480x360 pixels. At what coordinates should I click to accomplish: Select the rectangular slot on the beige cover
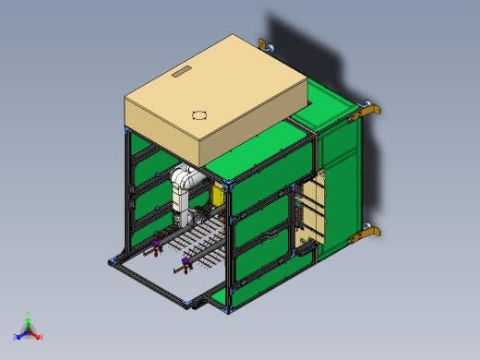click(x=180, y=71)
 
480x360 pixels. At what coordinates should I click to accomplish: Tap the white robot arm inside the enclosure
click(x=184, y=189)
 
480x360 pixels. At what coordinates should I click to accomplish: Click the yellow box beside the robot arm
click(x=218, y=193)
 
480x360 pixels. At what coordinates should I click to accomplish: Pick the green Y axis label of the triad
click(x=29, y=314)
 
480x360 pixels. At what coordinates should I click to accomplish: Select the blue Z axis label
click(x=18, y=336)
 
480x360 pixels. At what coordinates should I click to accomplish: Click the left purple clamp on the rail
click(x=156, y=246)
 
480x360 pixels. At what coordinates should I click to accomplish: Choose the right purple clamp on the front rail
click(x=187, y=265)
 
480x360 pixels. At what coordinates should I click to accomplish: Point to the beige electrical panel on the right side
click(x=314, y=208)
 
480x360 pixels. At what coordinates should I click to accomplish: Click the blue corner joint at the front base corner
click(x=191, y=301)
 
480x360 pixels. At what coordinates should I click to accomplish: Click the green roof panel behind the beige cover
click(x=328, y=102)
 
